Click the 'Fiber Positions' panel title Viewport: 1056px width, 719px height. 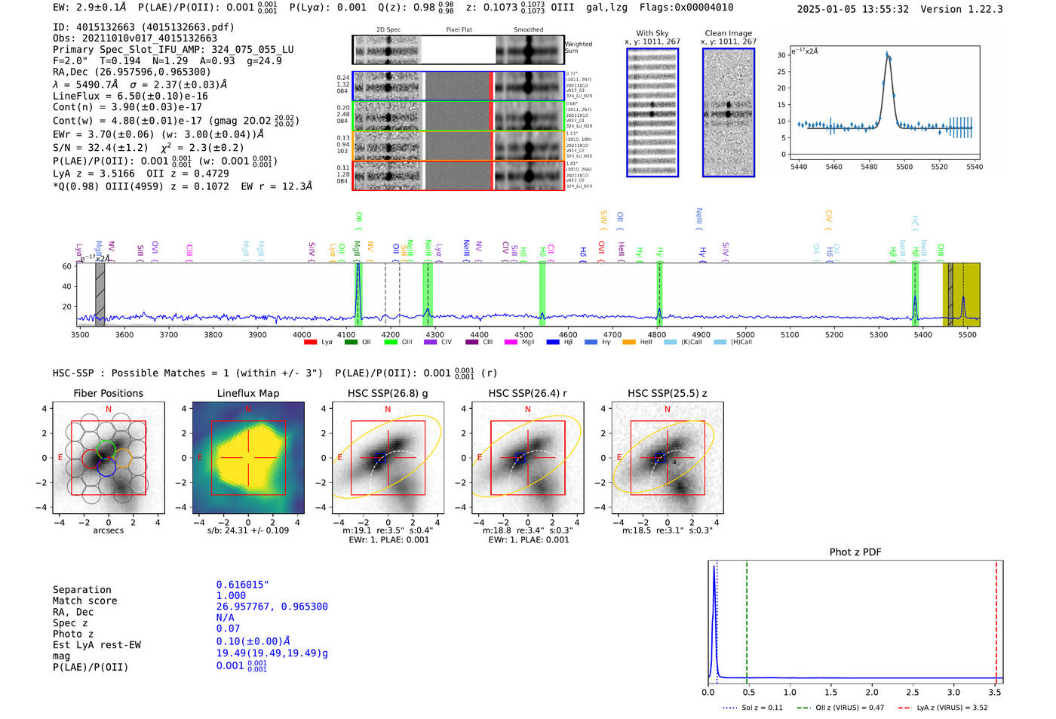pos(108,393)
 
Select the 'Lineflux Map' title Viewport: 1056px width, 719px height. pos(247,393)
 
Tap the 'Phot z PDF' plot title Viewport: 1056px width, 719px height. pos(855,552)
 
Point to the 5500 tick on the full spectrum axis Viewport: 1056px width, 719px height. pos(967,334)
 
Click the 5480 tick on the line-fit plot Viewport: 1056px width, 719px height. pos(869,167)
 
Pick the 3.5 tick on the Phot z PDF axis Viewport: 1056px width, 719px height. pos(995,692)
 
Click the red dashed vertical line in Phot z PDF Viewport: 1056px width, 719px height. pos(996,619)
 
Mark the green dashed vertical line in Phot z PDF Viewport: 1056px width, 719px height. pos(747,619)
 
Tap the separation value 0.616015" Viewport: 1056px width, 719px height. pos(242,585)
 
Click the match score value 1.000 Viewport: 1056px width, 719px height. pos(231,595)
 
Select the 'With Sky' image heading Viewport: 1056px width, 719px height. pos(652,33)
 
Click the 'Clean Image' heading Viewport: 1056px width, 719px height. pos(728,33)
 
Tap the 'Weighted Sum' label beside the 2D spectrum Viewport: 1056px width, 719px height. pos(579,48)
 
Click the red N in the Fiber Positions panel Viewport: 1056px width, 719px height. pos(109,410)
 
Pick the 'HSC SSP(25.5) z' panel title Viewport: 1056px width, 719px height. pos(668,393)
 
